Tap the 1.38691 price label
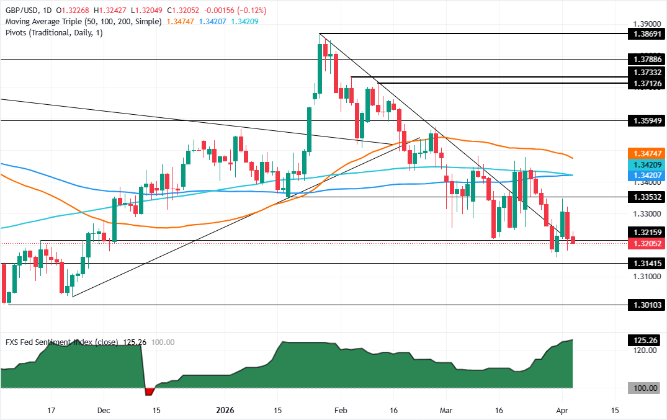click(645, 34)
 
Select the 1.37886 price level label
click(645, 59)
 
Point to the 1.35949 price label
click(645, 120)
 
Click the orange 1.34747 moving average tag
click(645, 153)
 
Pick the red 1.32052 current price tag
click(645, 244)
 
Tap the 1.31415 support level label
click(645, 263)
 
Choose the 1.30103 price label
click(645, 305)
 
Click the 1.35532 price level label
click(645, 197)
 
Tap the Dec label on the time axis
click(104, 410)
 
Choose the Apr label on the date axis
click(563, 410)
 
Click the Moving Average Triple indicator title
click(83, 21)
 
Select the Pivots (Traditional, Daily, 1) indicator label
click(53, 34)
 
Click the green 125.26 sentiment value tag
click(645, 341)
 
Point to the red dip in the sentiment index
click(148, 391)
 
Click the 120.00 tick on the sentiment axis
click(644, 351)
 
